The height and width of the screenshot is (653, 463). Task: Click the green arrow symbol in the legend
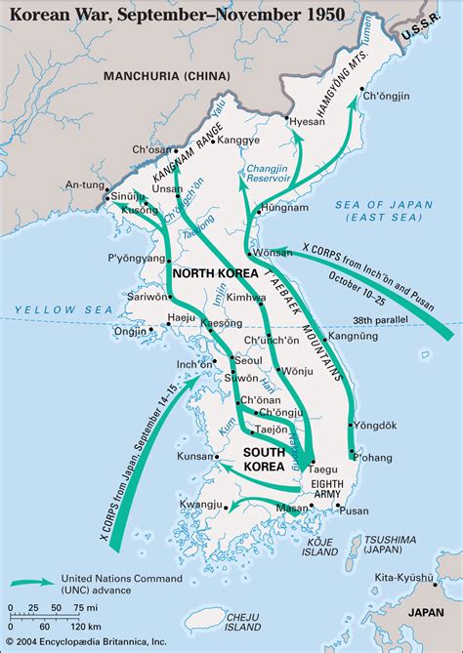[33, 582]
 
